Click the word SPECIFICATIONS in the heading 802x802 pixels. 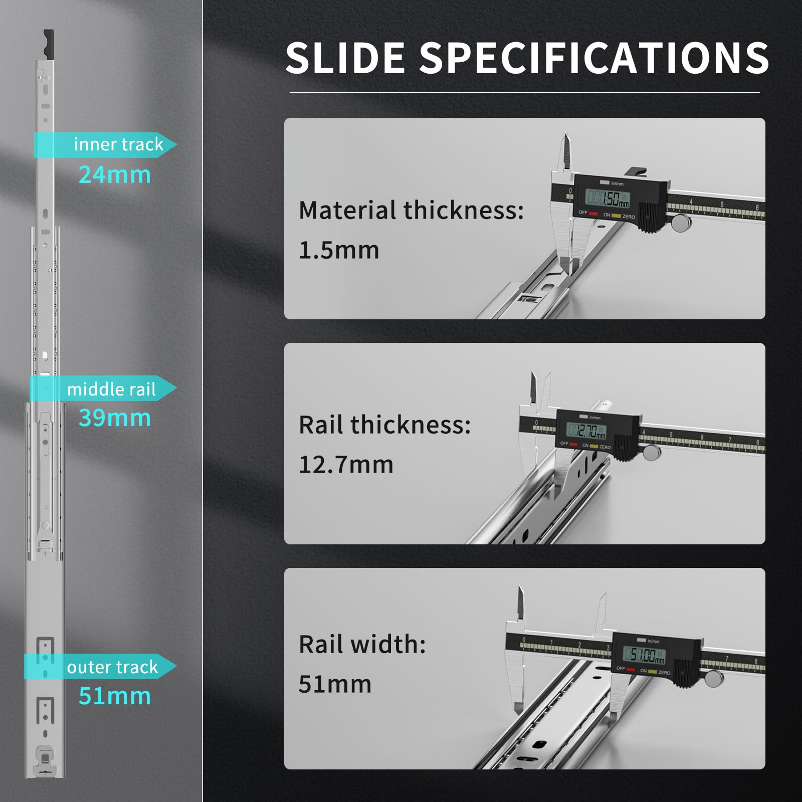594,58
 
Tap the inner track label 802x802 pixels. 118,144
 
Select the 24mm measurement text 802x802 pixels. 115,175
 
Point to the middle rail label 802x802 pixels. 111,389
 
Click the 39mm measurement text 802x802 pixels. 115,418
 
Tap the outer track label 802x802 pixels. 112,667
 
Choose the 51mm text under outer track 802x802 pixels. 115,696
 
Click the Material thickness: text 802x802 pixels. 411,210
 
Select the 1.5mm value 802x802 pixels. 339,250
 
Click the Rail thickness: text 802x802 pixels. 385,425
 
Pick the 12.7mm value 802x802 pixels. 346,465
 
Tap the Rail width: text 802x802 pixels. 362,644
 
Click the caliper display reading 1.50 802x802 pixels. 608,198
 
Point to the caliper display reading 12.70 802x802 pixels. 586,431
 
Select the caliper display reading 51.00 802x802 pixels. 644,655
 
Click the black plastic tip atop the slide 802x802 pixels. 48,44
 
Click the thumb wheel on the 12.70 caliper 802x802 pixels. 652,452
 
